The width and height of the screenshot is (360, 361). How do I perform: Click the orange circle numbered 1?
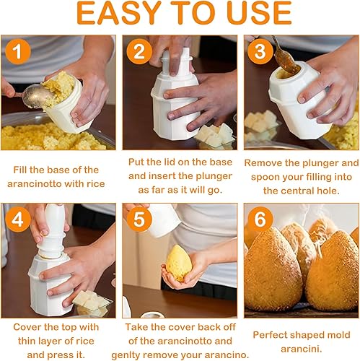click(x=18, y=51)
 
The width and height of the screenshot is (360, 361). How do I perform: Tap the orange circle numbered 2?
click(x=139, y=51)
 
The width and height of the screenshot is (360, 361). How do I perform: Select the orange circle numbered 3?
click(x=260, y=51)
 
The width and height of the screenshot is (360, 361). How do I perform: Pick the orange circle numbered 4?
click(x=18, y=219)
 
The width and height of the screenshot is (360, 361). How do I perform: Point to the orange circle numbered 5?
click(x=139, y=219)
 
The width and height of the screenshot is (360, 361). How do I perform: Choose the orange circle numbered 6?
click(x=260, y=219)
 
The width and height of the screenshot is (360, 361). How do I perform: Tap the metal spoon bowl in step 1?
click(x=38, y=97)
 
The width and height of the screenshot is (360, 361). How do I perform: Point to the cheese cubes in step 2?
click(x=215, y=135)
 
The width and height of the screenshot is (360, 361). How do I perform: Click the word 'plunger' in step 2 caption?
click(x=214, y=177)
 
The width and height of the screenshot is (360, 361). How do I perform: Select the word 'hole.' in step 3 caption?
click(x=328, y=191)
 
